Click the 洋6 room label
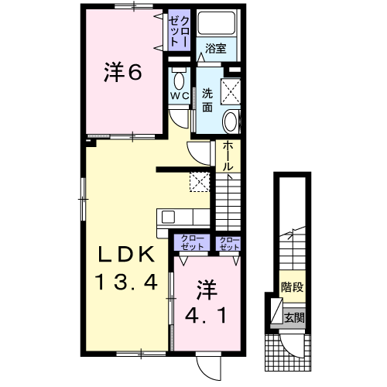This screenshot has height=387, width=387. point(123,72)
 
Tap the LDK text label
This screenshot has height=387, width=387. point(126,254)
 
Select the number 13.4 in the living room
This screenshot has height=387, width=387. point(126,282)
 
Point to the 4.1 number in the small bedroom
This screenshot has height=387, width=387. point(206,315)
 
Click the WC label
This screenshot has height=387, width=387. point(180,96)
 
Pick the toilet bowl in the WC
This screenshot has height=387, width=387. point(179,80)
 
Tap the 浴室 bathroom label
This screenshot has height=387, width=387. point(216,49)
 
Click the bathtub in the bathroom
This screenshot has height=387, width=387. point(217,23)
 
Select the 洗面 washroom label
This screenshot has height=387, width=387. point(207,100)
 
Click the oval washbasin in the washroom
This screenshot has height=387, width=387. point(231,122)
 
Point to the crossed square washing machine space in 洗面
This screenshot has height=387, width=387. point(231,91)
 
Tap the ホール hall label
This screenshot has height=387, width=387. point(228,156)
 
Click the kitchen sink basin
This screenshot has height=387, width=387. point(168,217)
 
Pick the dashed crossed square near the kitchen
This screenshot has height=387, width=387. point(200,182)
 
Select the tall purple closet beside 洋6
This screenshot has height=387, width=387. point(180,30)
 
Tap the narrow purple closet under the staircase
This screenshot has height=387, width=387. point(228,243)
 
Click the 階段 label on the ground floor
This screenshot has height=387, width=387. point(293,287)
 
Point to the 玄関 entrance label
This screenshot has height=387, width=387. point(294,317)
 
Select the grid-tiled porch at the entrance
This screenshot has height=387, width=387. point(288,352)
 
